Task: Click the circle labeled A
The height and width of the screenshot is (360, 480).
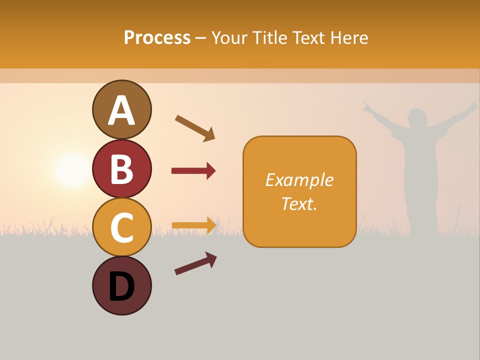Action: (x=122, y=109)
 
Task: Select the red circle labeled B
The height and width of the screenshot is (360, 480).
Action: (x=122, y=168)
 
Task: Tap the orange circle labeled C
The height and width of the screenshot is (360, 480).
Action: (x=122, y=227)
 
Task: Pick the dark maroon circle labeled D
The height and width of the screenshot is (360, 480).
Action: (x=122, y=285)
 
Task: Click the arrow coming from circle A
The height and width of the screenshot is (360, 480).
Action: (x=195, y=127)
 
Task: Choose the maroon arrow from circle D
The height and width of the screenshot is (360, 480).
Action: (x=195, y=263)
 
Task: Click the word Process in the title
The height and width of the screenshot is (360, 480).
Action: (x=157, y=37)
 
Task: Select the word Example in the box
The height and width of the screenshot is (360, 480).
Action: (x=299, y=180)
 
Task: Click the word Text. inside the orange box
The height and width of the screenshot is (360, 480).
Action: (x=299, y=203)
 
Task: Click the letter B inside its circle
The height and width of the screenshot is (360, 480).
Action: (x=122, y=169)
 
